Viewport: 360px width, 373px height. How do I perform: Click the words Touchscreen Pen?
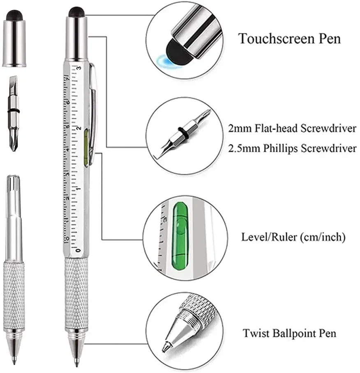pyautogui.click(x=289, y=39)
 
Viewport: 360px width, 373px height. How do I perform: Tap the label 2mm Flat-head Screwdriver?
pyautogui.click(x=292, y=129)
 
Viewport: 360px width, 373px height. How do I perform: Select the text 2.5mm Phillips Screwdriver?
pyautogui.click(x=292, y=148)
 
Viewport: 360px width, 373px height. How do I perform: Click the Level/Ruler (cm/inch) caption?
pyautogui.click(x=293, y=237)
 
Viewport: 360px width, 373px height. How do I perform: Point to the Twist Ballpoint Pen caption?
pyautogui.click(x=289, y=333)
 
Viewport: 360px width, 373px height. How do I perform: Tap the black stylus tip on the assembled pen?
pyautogui.click(x=77, y=11)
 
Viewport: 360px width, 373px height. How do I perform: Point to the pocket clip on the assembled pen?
pyautogui.click(x=93, y=107)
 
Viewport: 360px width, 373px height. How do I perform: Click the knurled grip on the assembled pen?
pyautogui.click(x=76, y=292)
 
